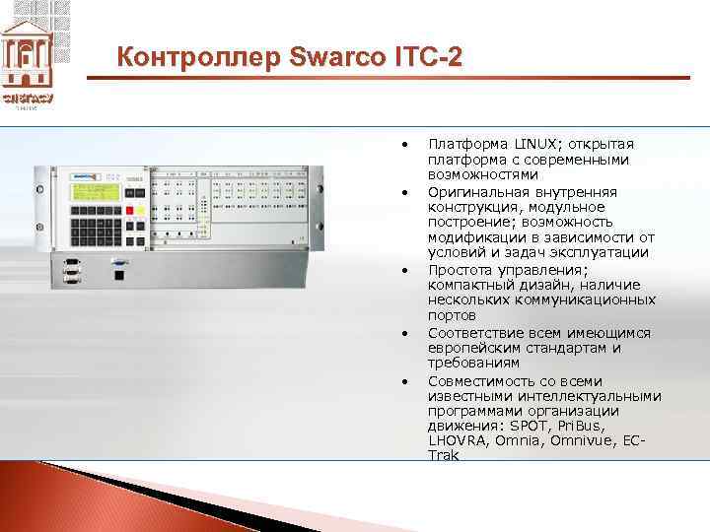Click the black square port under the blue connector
pyautogui.click(x=119, y=277)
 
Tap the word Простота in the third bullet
pyautogui.click(x=460, y=269)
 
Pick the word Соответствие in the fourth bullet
pyautogui.click(x=471, y=333)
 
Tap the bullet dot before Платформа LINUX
pyautogui.click(x=405, y=144)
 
